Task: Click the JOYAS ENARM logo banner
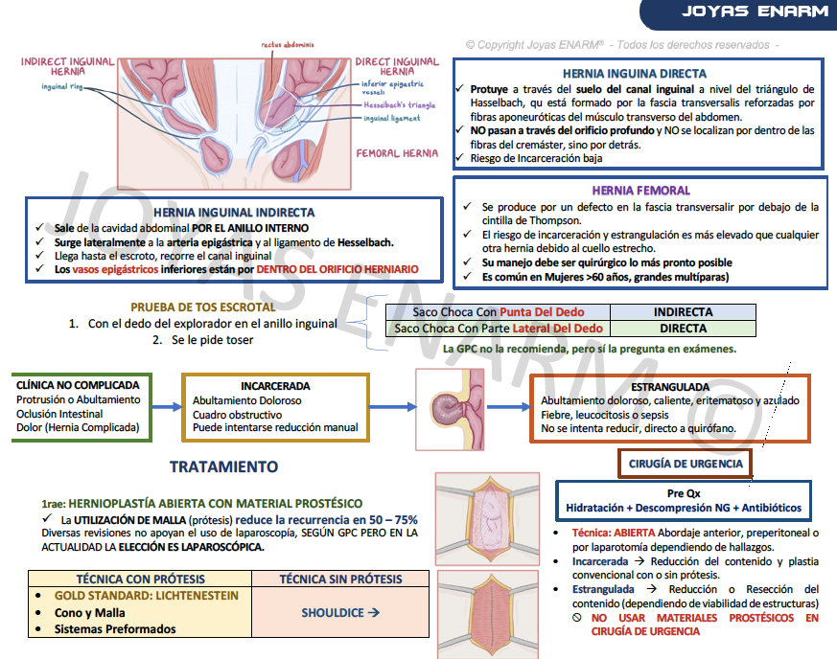(x=755, y=12)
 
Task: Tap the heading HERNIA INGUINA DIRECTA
(x=635, y=74)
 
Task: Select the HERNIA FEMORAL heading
(x=640, y=191)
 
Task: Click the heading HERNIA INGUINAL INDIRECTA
(x=234, y=213)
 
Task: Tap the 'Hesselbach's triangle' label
(x=399, y=104)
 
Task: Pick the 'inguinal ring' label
(x=63, y=86)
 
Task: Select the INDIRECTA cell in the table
(x=683, y=312)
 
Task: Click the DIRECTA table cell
(x=683, y=329)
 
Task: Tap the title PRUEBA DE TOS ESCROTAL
(x=202, y=307)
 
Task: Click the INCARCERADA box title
(x=275, y=386)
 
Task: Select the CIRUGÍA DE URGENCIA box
(x=686, y=464)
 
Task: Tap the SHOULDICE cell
(x=340, y=612)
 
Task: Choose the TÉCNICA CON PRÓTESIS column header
(x=140, y=579)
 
